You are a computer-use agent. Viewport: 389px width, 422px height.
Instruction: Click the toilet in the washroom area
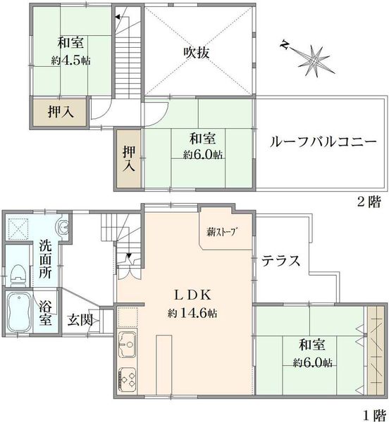click(18, 275)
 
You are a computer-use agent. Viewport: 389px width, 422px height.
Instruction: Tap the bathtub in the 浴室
click(19, 312)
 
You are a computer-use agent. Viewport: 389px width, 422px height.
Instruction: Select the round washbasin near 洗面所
click(64, 226)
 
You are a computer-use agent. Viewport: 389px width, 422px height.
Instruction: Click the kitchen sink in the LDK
click(128, 344)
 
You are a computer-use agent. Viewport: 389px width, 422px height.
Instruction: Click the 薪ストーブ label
click(223, 231)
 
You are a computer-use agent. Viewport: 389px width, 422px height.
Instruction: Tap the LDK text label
click(192, 295)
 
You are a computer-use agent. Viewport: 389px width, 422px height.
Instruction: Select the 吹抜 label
click(197, 53)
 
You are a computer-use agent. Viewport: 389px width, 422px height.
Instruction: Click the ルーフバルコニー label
click(323, 141)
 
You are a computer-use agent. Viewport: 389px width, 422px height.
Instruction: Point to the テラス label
click(281, 260)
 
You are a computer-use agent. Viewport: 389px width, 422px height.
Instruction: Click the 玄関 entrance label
click(80, 320)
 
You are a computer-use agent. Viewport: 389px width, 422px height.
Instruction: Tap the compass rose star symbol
click(314, 61)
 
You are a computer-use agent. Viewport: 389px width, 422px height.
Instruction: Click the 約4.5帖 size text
click(71, 60)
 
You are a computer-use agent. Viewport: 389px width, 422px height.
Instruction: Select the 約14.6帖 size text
click(192, 313)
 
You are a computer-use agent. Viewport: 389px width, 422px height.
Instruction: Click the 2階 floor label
click(369, 201)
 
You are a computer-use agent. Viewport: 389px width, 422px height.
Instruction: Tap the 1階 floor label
click(374, 415)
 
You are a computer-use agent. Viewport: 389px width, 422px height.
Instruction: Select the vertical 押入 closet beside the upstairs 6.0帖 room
click(128, 159)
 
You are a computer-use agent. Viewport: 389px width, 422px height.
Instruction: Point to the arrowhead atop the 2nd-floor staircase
click(117, 18)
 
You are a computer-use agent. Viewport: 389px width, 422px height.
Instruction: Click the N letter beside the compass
click(283, 45)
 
